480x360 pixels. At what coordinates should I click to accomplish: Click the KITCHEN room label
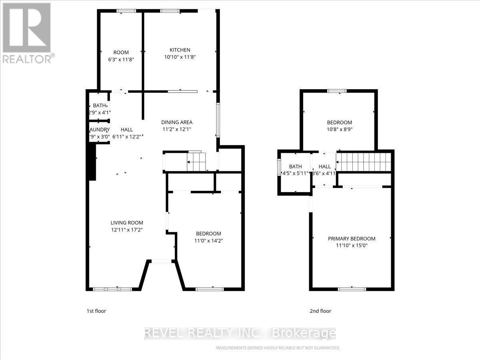[x=180, y=50]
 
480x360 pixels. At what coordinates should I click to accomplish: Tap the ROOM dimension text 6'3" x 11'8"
[x=121, y=59]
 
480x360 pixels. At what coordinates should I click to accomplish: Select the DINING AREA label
[x=177, y=122]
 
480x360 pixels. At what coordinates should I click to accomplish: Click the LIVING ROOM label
[x=127, y=223]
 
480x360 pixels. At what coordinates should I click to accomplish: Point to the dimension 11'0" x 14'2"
[x=208, y=241]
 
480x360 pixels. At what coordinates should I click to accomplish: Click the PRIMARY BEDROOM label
[x=352, y=238]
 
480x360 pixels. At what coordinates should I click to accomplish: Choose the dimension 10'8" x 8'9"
[x=340, y=129]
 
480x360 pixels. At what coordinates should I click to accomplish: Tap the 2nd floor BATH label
[x=295, y=166]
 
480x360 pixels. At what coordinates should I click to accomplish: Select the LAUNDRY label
[x=99, y=130]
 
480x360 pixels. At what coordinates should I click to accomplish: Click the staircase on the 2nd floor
[x=363, y=162]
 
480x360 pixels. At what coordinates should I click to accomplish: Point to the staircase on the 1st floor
[x=196, y=162]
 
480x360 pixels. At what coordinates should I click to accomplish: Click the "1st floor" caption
[x=96, y=311]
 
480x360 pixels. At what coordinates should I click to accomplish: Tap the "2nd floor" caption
[x=320, y=311]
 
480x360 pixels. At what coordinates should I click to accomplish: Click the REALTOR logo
[x=27, y=32]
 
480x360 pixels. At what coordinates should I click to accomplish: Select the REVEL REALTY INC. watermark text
[x=240, y=333]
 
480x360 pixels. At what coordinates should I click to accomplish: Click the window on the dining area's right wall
[x=218, y=120]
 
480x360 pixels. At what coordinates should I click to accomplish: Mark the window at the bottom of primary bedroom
[x=352, y=289]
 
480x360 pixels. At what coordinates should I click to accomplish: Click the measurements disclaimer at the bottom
[x=278, y=348]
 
